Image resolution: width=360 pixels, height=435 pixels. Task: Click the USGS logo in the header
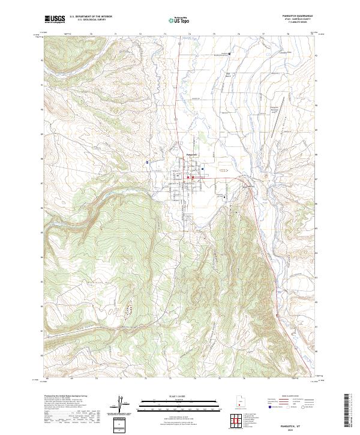[x=55, y=19]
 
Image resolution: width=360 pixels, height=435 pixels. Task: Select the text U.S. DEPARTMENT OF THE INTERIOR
[x=91, y=17]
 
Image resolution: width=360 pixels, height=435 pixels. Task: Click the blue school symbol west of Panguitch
[x=147, y=162]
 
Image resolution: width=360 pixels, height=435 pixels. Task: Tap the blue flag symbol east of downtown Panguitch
[x=203, y=169]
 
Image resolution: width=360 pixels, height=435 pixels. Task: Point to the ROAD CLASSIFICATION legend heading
[x=291, y=397]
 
